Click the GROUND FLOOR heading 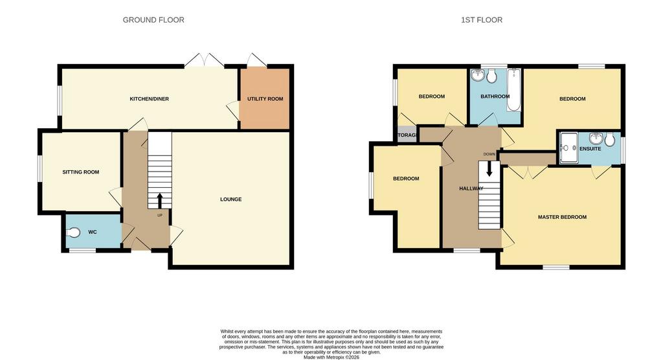click(153, 20)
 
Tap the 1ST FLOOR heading click(482, 20)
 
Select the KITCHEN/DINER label click(150, 99)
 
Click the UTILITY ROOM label click(265, 99)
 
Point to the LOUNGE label click(231, 199)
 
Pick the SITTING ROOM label click(81, 172)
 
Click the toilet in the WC click(73, 232)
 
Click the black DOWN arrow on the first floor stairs click(489, 169)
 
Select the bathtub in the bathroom click(513, 90)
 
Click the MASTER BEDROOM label click(562, 217)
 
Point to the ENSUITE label click(590, 149)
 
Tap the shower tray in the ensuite click(569, 148)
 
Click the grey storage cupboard click(407, 135)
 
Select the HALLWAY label click(471, 188)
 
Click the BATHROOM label click(495, 96)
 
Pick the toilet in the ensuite click(610, 140)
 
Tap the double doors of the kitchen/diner click(204, 60)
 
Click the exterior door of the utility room click(256, 60)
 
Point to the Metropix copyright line click(331, 357)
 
